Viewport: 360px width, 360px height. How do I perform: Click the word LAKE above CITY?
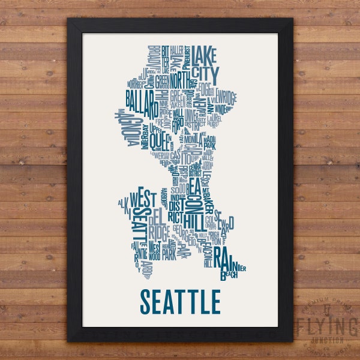207,53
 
